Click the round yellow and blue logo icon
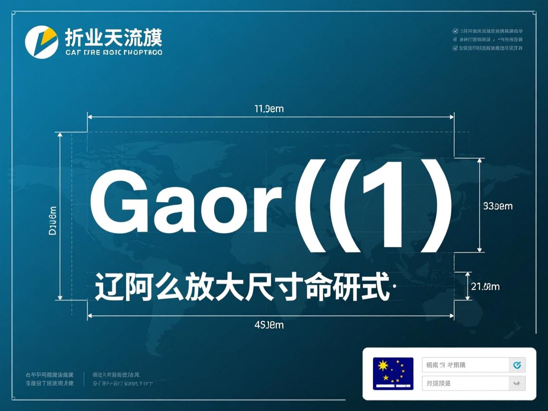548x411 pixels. click(x=41, y=42)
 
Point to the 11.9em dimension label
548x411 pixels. click(x=269, y=109)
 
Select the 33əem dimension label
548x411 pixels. click(x=498, y=206)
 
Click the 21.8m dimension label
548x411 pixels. click(x=485, y=286)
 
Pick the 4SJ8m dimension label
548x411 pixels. click(x=269, y=325)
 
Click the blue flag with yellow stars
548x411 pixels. click(x=393, y=373)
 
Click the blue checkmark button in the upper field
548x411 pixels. click(x=517, y=365)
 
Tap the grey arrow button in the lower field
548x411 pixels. click(x=517, y=383)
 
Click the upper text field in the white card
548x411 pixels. click(x=465, y=365)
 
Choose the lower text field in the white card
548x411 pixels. click(x=465, y=383)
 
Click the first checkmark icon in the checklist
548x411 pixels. click(x=455, y=31)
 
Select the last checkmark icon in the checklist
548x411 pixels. click(x=455, y=48)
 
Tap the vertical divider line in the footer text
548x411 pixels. click(x=84, y=379)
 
